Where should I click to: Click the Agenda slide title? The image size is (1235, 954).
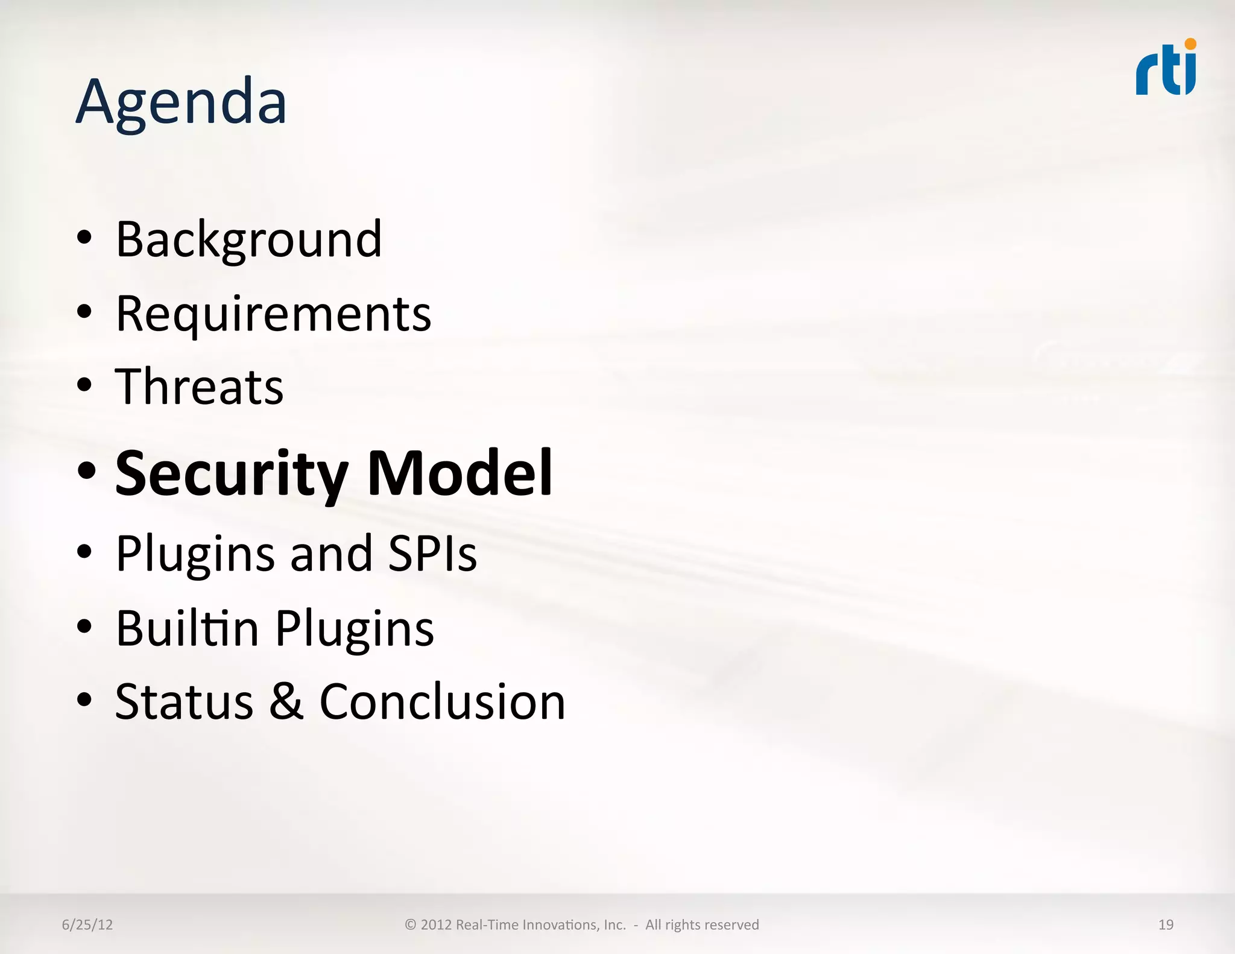pyautogui.click(x=181, y=103)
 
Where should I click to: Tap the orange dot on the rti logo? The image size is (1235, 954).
pyautogui.click(x=1190, y=44)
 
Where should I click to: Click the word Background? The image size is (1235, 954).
pyautogui.click(x=248, y=239)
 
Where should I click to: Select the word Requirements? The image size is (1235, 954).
pyautogui.click(x=273, y=314)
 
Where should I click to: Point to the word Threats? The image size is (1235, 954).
pyautogui.click(x=199, y=387)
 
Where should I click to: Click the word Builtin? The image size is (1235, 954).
pyautogui.click(x=187, y=628)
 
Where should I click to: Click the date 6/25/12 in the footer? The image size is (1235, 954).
pyautogui.click(x=87, y=924)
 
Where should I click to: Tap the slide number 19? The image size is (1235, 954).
pyautogui.click(x=1166, y=924)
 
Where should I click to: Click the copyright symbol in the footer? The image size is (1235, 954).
pyautogui.click(x=410, y=924)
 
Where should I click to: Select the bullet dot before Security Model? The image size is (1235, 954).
pyautogui.click(x=86, y=471)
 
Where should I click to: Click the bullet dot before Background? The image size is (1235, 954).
pyautogui.click(x=84, y=238)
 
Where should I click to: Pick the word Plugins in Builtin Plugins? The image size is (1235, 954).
pyautogui.click(x=355, y=629)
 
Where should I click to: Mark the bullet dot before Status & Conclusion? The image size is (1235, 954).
pyautogui.click(x=84, y=700)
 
